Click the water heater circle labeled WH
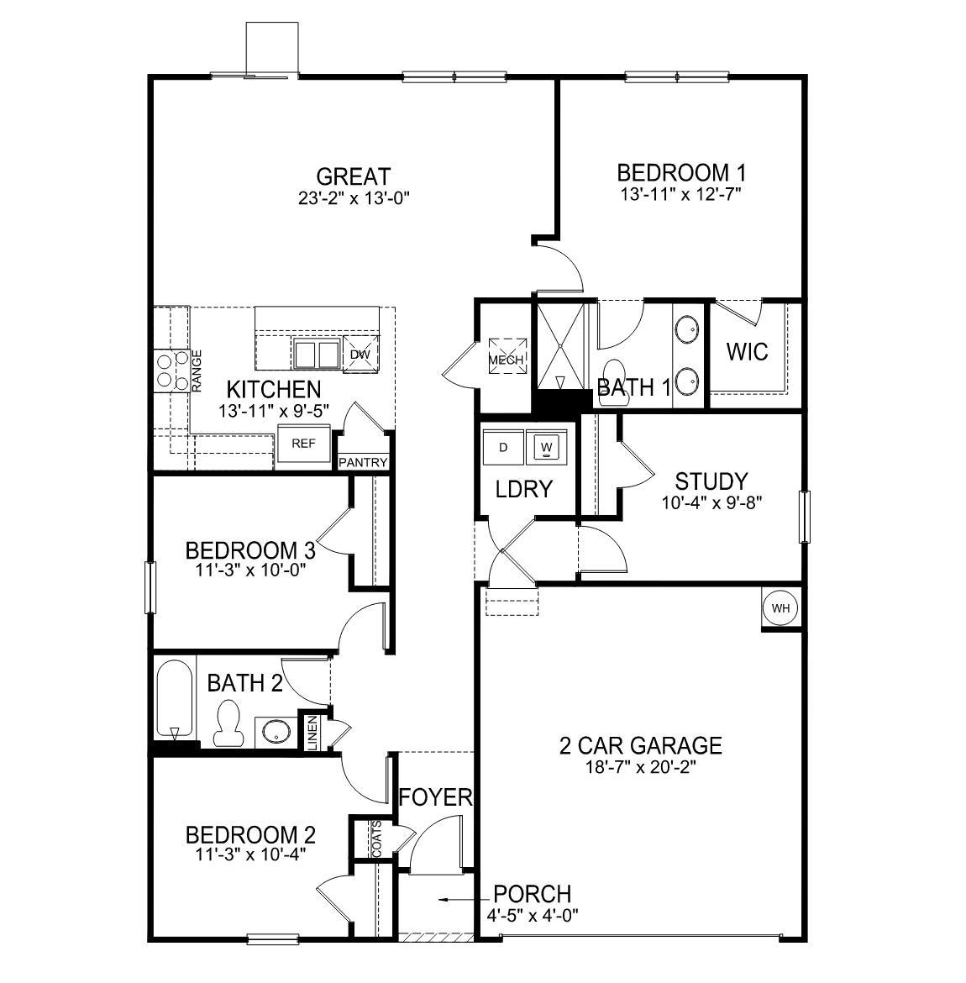point(780,609)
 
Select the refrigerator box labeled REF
point(303,443)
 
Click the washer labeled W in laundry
point(547,446)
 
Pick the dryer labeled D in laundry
point(503,446)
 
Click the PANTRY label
point(363,463)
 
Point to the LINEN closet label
point(312,732)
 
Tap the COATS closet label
point(376,838)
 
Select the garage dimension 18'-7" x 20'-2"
point(641,766)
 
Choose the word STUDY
point(711,481)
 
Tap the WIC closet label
point(747,351)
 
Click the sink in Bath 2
point(274,731)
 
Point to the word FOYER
point(435,796)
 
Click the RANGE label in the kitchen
point(197,371)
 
